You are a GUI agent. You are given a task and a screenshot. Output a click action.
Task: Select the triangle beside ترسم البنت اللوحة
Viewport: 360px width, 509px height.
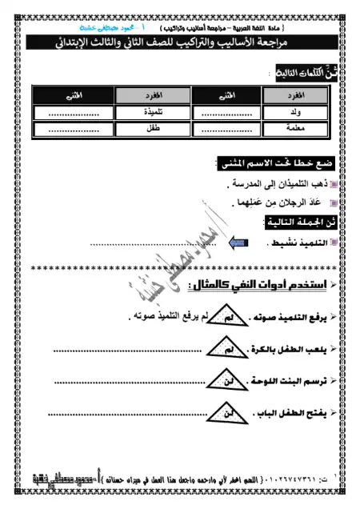(229, 382)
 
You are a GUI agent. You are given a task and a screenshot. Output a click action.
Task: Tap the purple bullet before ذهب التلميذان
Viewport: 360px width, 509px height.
(333, 183)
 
